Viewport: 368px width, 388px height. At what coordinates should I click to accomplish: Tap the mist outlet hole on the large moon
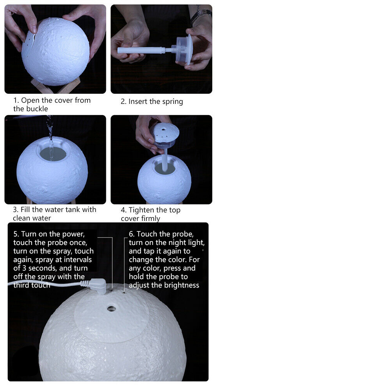111,309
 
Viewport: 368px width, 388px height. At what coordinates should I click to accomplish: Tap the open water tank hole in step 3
53,153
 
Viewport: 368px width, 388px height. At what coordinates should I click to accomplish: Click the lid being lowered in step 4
164,136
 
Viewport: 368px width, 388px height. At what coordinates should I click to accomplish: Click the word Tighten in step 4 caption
142,210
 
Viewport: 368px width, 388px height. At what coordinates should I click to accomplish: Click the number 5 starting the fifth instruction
16,234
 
